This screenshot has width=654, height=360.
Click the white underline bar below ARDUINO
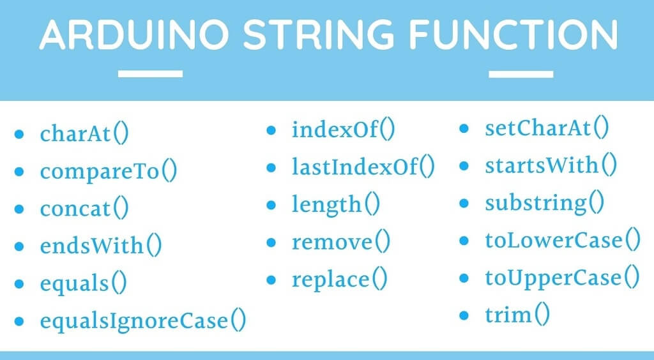[x=151, y=74]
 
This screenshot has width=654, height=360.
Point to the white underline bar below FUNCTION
[x=521, y=74]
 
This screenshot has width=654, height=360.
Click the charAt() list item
[x=84, y=135]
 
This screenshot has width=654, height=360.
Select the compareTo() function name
[x=108, y=172]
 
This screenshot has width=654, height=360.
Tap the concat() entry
[x=84, y=209]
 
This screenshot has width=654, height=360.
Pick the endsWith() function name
[x=100, y=246]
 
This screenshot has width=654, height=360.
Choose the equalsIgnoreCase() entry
[x=142, y=320]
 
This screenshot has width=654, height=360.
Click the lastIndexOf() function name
[x=363, y=168]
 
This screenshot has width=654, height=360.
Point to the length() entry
[x=336, y=205]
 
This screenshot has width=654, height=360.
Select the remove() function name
[x=341, y=242]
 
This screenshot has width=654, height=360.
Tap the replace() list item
[x=340, y=280]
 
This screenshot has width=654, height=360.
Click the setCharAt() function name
[x=547, y=128]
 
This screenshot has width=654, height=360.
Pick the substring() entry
[x=545, y=204]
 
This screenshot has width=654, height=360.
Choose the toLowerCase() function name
[x=562, y=241]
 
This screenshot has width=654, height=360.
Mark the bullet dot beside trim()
[x=465, y=315]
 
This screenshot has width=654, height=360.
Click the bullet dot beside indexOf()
[x=271, y=131]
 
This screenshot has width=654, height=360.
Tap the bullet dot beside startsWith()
[x=465, y=166]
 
